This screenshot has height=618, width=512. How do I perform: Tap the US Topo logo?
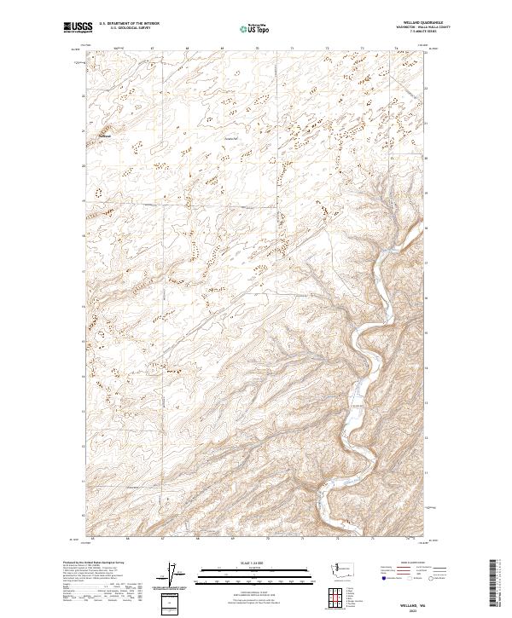click(256, 28)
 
